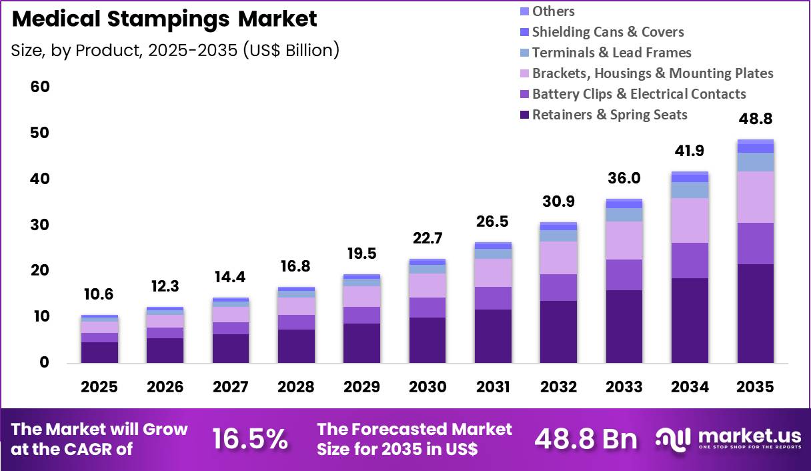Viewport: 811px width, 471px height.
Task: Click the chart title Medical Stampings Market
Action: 164,19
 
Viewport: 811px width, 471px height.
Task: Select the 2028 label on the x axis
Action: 296,388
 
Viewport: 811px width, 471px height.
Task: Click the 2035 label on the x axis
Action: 756,388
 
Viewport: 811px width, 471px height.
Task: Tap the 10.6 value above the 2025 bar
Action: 99,294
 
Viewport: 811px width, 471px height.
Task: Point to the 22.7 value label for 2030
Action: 428,238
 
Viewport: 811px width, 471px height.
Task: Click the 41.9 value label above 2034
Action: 690,151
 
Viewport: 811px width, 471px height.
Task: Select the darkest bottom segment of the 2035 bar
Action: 756,314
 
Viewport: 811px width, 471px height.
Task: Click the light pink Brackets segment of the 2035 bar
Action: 756,197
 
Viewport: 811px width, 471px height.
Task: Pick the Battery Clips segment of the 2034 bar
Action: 690,260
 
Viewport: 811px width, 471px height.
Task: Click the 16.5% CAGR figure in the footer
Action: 250,438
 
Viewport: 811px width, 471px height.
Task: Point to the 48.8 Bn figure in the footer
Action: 586,438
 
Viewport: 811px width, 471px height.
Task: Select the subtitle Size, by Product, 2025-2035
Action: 175,50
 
